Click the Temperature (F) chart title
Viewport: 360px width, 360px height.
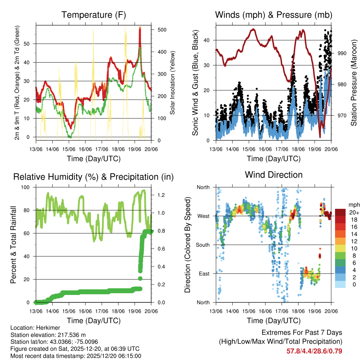[94, 15]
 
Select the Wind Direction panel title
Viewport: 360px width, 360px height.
[274, 174]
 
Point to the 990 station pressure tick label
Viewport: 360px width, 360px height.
[342, 53]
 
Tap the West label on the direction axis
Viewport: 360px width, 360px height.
[203, 216]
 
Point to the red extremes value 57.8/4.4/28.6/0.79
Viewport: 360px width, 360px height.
[314, 351]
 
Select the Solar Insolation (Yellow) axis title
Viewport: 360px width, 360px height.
[172, 83]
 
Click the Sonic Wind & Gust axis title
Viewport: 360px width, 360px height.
[195, 83]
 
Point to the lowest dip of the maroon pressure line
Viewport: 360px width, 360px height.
[320, 136]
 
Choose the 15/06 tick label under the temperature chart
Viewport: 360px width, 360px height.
[69, 149]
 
